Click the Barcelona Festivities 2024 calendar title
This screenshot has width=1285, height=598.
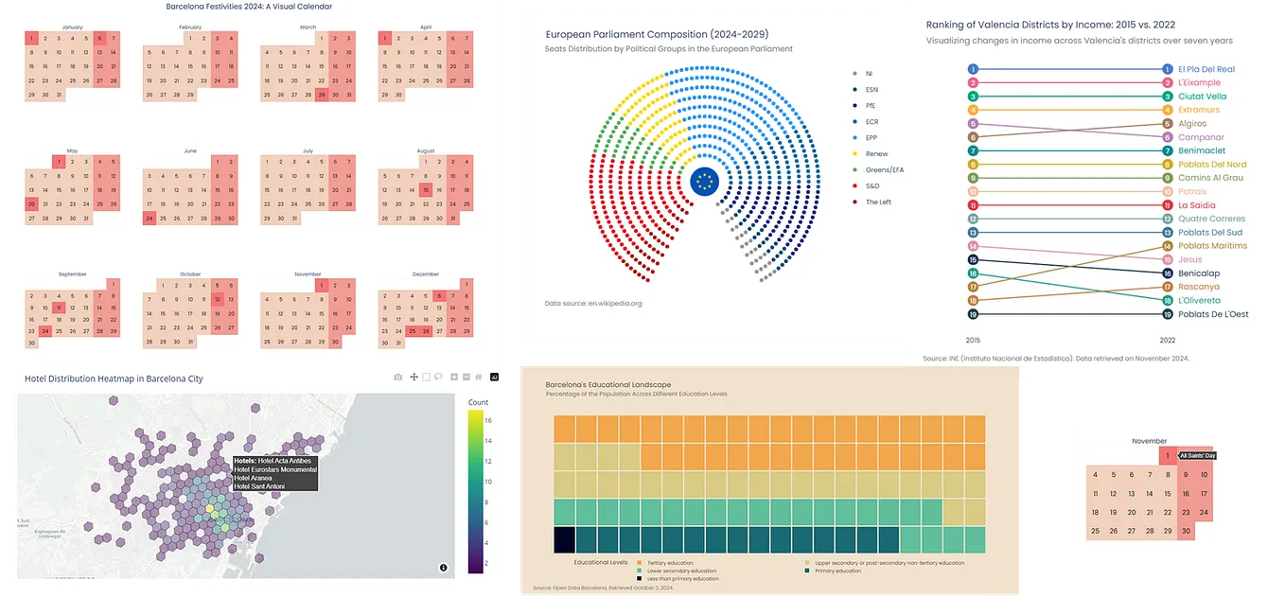[250, 7]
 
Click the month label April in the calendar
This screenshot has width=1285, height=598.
[425, 27]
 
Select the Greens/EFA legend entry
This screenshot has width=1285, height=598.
[884, 169]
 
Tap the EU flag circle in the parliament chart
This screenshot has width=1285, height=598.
[704, 181]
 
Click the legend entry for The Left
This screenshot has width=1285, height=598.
[877, 202]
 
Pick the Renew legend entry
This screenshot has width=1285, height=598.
[876, 153]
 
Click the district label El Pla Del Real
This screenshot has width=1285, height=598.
[1206, 69]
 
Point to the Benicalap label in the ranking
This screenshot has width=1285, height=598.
[1198, 273]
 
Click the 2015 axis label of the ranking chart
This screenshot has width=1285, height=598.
[973, 339]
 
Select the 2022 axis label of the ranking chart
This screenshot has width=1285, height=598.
[1167, 339]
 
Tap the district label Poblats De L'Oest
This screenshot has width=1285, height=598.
[1212, 314]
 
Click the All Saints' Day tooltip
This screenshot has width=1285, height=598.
[1197, 456]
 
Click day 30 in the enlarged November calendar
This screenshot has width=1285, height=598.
[1186, 531]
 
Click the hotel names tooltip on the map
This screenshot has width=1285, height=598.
[274, 473]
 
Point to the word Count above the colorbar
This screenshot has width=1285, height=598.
[479, 402]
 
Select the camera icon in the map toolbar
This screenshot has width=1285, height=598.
[398, 377]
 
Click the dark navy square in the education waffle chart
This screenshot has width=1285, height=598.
[564, 540]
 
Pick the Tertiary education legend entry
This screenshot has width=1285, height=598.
[669, 563]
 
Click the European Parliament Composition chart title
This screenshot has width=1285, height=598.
[656, 34]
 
